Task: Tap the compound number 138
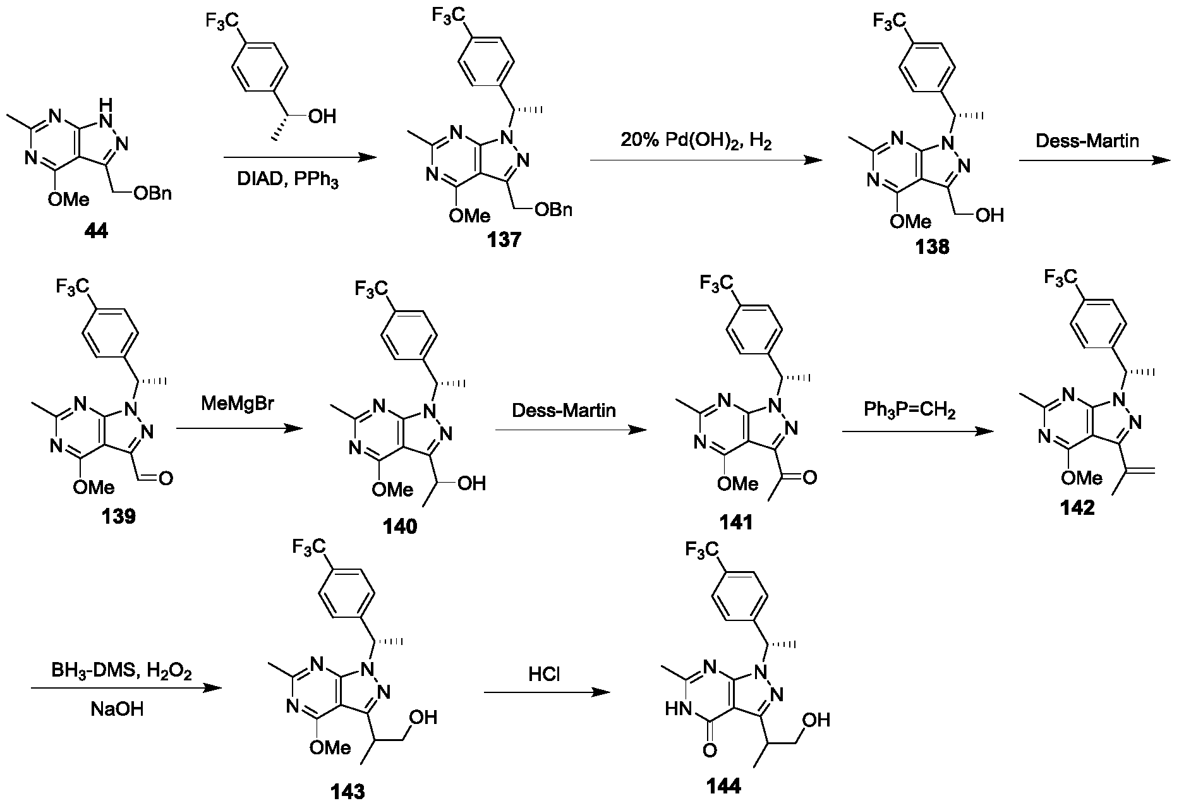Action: pyautogui.click(x=932, y=246)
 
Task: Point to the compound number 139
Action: pyautogui.click(x=118, y=516)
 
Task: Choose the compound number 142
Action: pyautogui.click(x=1077, y=507)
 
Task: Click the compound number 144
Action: pyautogui.click(x=725, y=786)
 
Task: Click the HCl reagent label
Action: pyautogui.click(x=545, y=675)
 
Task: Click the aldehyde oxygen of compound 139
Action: pyautogui.click(x=166, y=479)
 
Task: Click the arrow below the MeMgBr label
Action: pyautogui.click(x=238, y=429)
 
